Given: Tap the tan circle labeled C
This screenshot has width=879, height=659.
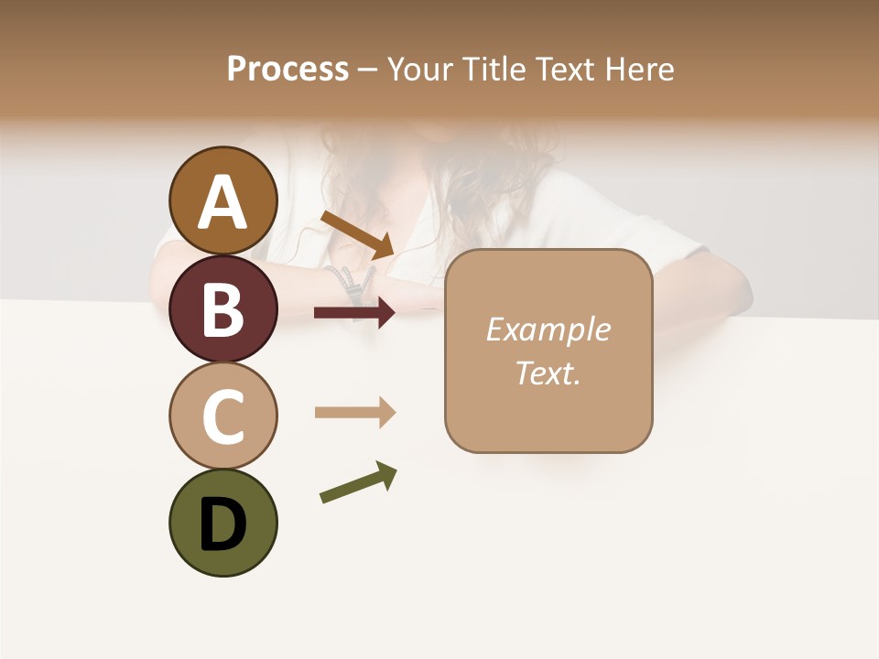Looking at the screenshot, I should [222, 416].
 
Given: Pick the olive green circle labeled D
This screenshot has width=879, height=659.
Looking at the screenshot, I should [222, 523].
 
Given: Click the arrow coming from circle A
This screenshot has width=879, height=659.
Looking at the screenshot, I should [357, 233].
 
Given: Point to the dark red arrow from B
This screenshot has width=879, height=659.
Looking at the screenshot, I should [354, 313].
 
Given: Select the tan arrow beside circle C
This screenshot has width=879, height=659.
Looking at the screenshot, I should [354, 413].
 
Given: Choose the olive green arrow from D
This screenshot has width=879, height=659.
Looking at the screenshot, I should [358, 482].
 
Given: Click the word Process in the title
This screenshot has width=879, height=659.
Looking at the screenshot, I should [288, 69].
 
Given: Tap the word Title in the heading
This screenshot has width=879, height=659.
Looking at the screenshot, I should [494, 69].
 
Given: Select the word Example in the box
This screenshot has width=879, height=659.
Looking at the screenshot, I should [548, 329].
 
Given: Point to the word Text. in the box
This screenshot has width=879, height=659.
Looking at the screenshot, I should [548, 373].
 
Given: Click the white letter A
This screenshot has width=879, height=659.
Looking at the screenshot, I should [222, 203].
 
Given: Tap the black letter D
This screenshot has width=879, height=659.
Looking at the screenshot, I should [222, 524].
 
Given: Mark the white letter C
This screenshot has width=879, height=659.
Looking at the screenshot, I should [222, 417].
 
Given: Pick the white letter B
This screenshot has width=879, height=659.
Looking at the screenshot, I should [222, 311].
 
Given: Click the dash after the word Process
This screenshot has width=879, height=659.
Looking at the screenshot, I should [367, 70].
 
